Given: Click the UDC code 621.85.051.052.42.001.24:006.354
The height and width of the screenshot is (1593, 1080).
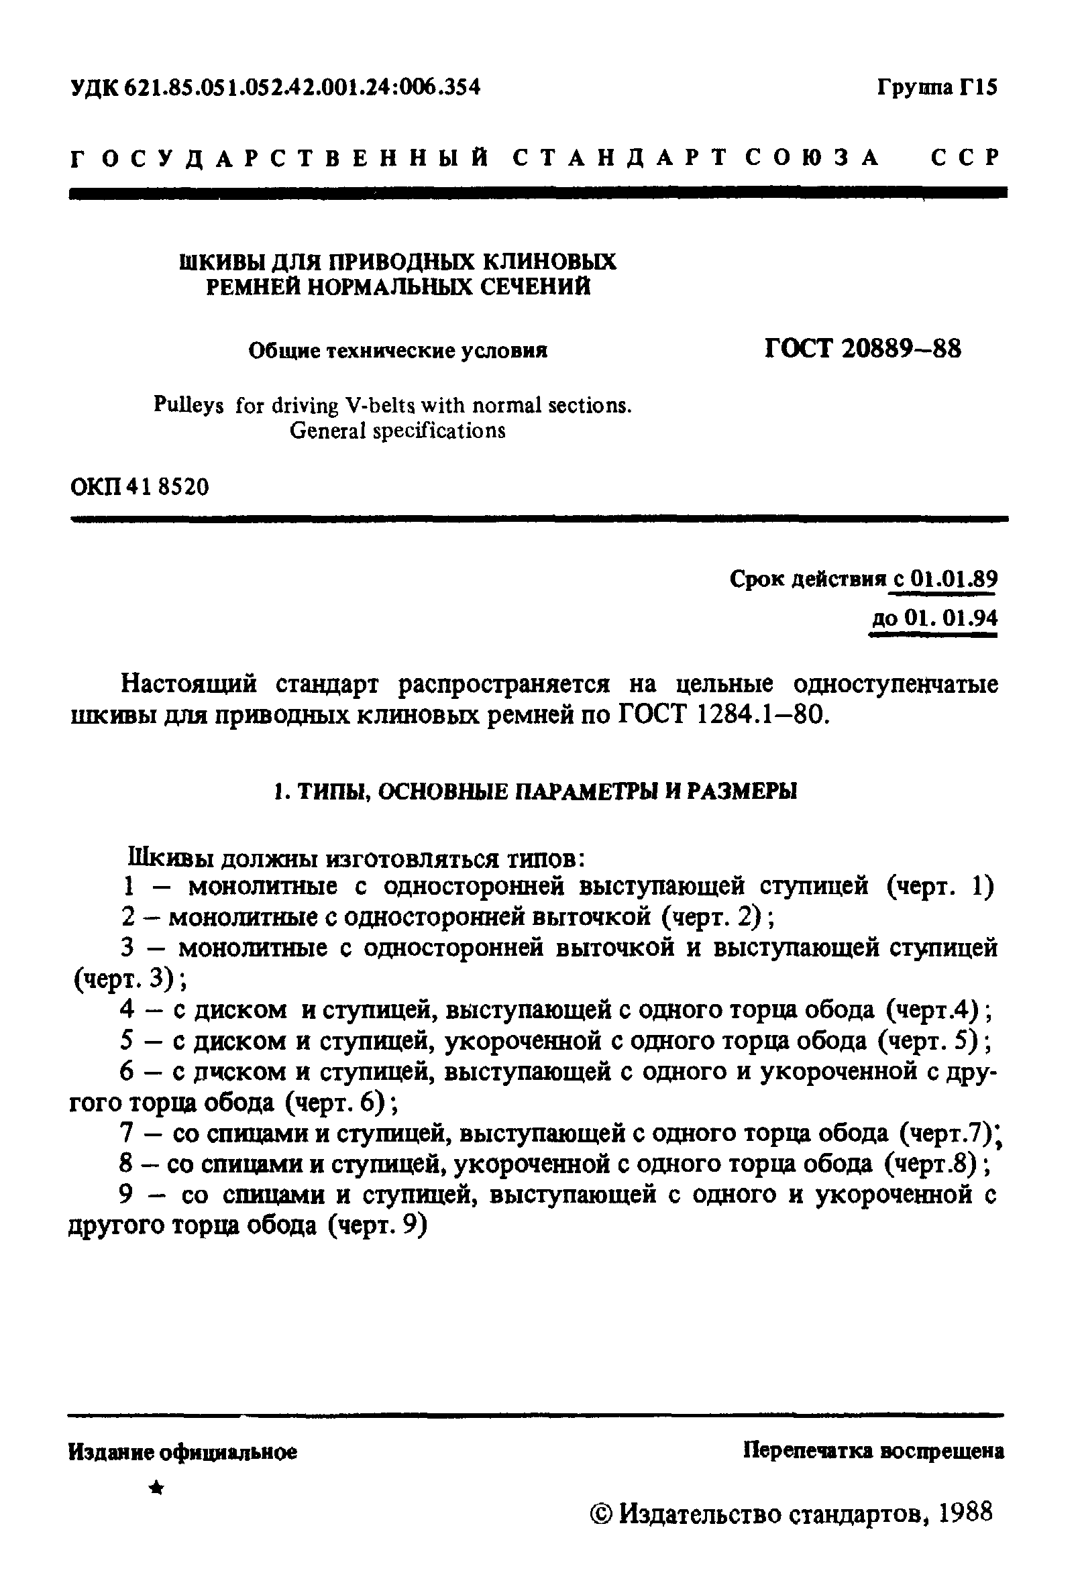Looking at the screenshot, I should (302, 88).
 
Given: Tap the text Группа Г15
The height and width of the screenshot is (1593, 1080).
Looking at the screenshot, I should (937, 88).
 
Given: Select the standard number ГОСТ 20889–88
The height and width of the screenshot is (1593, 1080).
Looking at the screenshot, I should (863, 349).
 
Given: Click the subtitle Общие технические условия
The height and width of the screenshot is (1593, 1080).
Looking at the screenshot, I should (398, 351).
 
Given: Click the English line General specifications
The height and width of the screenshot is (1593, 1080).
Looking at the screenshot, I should (398, 431).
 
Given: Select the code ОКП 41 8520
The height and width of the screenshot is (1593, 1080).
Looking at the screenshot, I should (140, 487).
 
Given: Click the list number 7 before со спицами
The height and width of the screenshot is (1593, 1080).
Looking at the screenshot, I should (126, 1134).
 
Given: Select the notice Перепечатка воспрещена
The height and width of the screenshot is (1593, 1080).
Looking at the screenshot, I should (873, 1450).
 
